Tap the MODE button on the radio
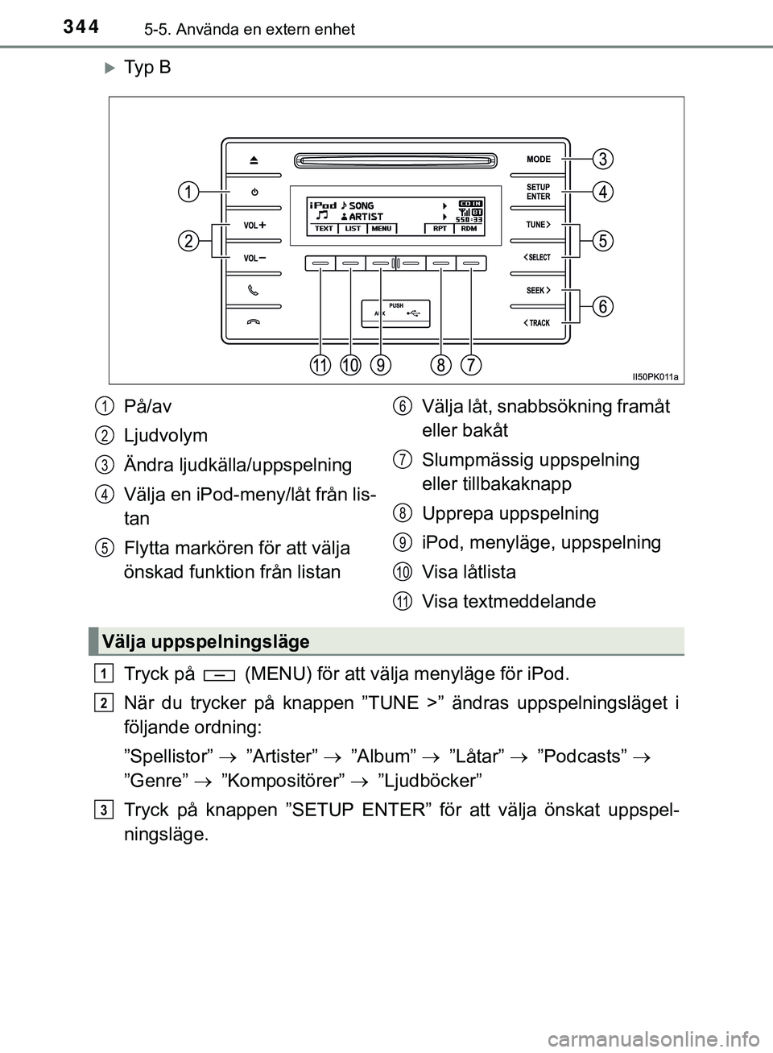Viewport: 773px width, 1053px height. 539,160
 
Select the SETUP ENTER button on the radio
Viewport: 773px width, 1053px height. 539,192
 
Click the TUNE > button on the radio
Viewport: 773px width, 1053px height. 539,225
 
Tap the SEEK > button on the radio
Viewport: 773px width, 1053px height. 539,290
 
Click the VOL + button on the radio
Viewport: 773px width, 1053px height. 254,226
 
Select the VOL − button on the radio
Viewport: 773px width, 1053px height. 254,258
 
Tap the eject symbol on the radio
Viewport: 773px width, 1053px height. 254,160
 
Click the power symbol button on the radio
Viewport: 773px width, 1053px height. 254,193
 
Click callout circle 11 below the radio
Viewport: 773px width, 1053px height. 320,365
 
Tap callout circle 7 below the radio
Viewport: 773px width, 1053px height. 471,365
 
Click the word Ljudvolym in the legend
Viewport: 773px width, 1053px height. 166,436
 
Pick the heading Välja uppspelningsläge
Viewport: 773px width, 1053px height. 206,642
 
